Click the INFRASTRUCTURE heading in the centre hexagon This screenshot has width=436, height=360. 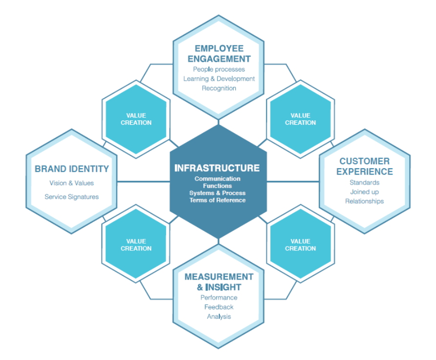[x=217, y=168]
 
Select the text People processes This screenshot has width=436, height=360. [x=218, y=69]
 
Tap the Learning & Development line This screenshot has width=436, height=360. [x=218, y=79]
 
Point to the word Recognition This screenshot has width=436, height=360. [x=218, y=88]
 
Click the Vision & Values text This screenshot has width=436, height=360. [x=71, y=183]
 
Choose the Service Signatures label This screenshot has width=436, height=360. [x=71, y=197]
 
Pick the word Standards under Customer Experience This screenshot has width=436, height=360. [x=365, y=182]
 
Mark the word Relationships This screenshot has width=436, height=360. [x=365, y=201]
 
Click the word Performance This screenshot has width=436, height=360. [x=218, y=297]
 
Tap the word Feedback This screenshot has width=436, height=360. [x=218, y=307]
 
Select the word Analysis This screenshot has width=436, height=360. [x=218, y=316]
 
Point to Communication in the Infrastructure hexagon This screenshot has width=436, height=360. [x=218, y=179]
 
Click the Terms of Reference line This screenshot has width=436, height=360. [x=218, y=200]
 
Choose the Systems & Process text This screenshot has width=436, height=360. [x=218, y=193]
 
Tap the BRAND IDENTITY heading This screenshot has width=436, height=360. [x=71, y=169]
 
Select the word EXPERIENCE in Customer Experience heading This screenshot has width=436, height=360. [x=365, y=171]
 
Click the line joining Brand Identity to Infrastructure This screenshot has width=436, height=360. [x=143, y=182]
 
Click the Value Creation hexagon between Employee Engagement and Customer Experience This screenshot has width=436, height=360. [x=300, y=119]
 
